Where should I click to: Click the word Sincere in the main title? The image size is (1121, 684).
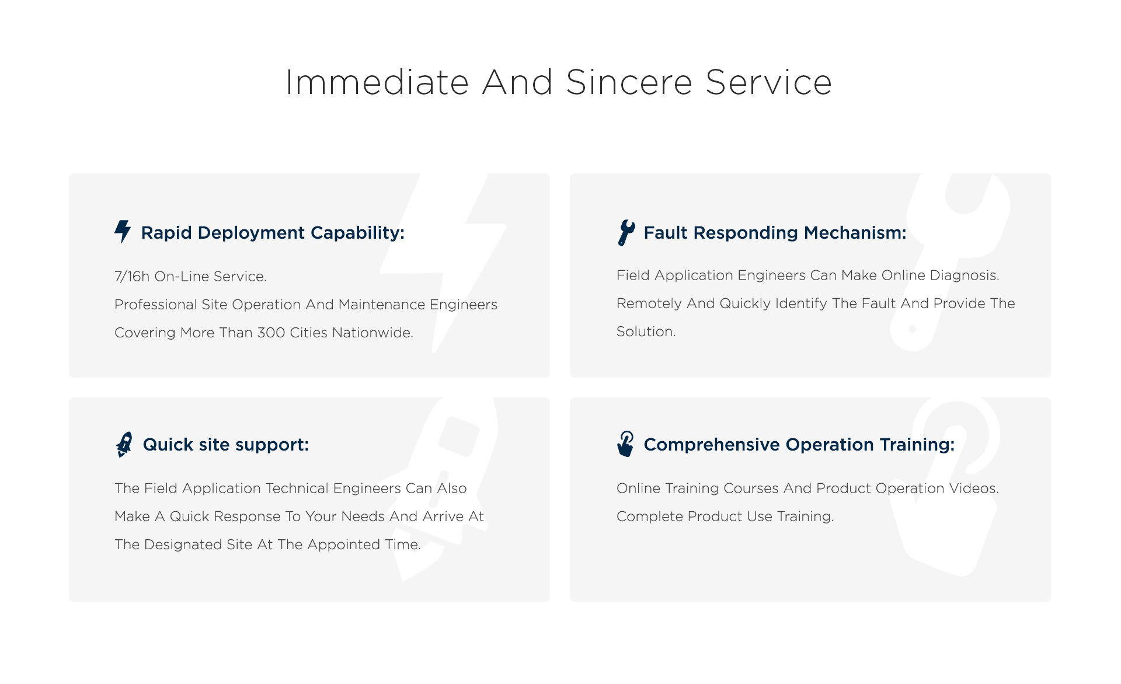[x=629, y=82]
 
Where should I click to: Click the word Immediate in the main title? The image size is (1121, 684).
[x=377, y=82]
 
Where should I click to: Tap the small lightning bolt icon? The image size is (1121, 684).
[x=123, y=232]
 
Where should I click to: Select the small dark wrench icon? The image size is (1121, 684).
[x=626, y=232]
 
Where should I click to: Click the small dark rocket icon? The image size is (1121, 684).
[x=124, y=444]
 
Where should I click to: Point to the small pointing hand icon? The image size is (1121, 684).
[x=625, y=444]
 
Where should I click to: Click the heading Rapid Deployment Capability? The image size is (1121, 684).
[x=273, y=233]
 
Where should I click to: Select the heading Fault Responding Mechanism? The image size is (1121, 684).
[x=775, y=233]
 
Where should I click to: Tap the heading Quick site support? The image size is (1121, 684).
[x=226, y=445]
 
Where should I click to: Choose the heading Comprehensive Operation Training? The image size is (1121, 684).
[x=799, y=445]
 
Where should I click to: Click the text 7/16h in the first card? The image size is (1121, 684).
[x=132, y=276]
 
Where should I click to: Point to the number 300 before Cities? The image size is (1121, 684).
[x=271, y=333]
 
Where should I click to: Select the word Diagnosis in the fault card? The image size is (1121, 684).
[x=965, y=275]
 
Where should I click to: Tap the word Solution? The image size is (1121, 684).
[x=646, y=331]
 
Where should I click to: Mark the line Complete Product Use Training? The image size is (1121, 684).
[x=725, y=517]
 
